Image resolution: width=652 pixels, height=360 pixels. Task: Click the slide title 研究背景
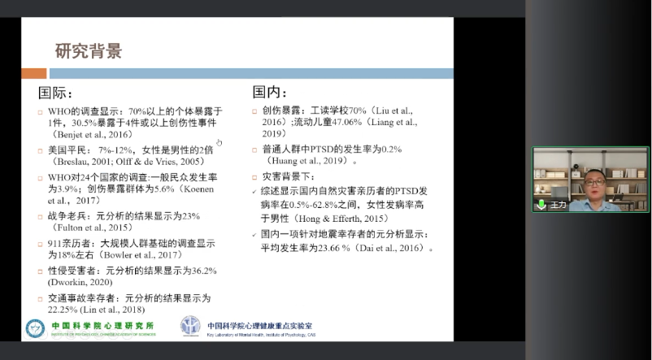[88, 51]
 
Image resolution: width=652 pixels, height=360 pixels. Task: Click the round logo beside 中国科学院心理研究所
[36, 327]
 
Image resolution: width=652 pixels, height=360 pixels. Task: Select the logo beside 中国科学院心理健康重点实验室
[190, 327]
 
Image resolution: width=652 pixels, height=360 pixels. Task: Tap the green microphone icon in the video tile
[541, 205]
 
